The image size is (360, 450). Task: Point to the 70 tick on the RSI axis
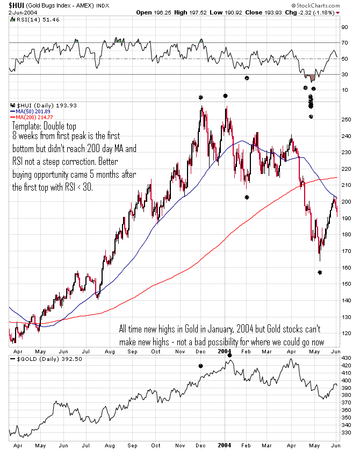point(344,42)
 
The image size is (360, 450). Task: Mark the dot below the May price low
point(320,273)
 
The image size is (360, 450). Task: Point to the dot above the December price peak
point(200,98)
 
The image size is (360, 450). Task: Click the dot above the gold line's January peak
point(229,355)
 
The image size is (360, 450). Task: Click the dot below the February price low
point(247,197)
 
